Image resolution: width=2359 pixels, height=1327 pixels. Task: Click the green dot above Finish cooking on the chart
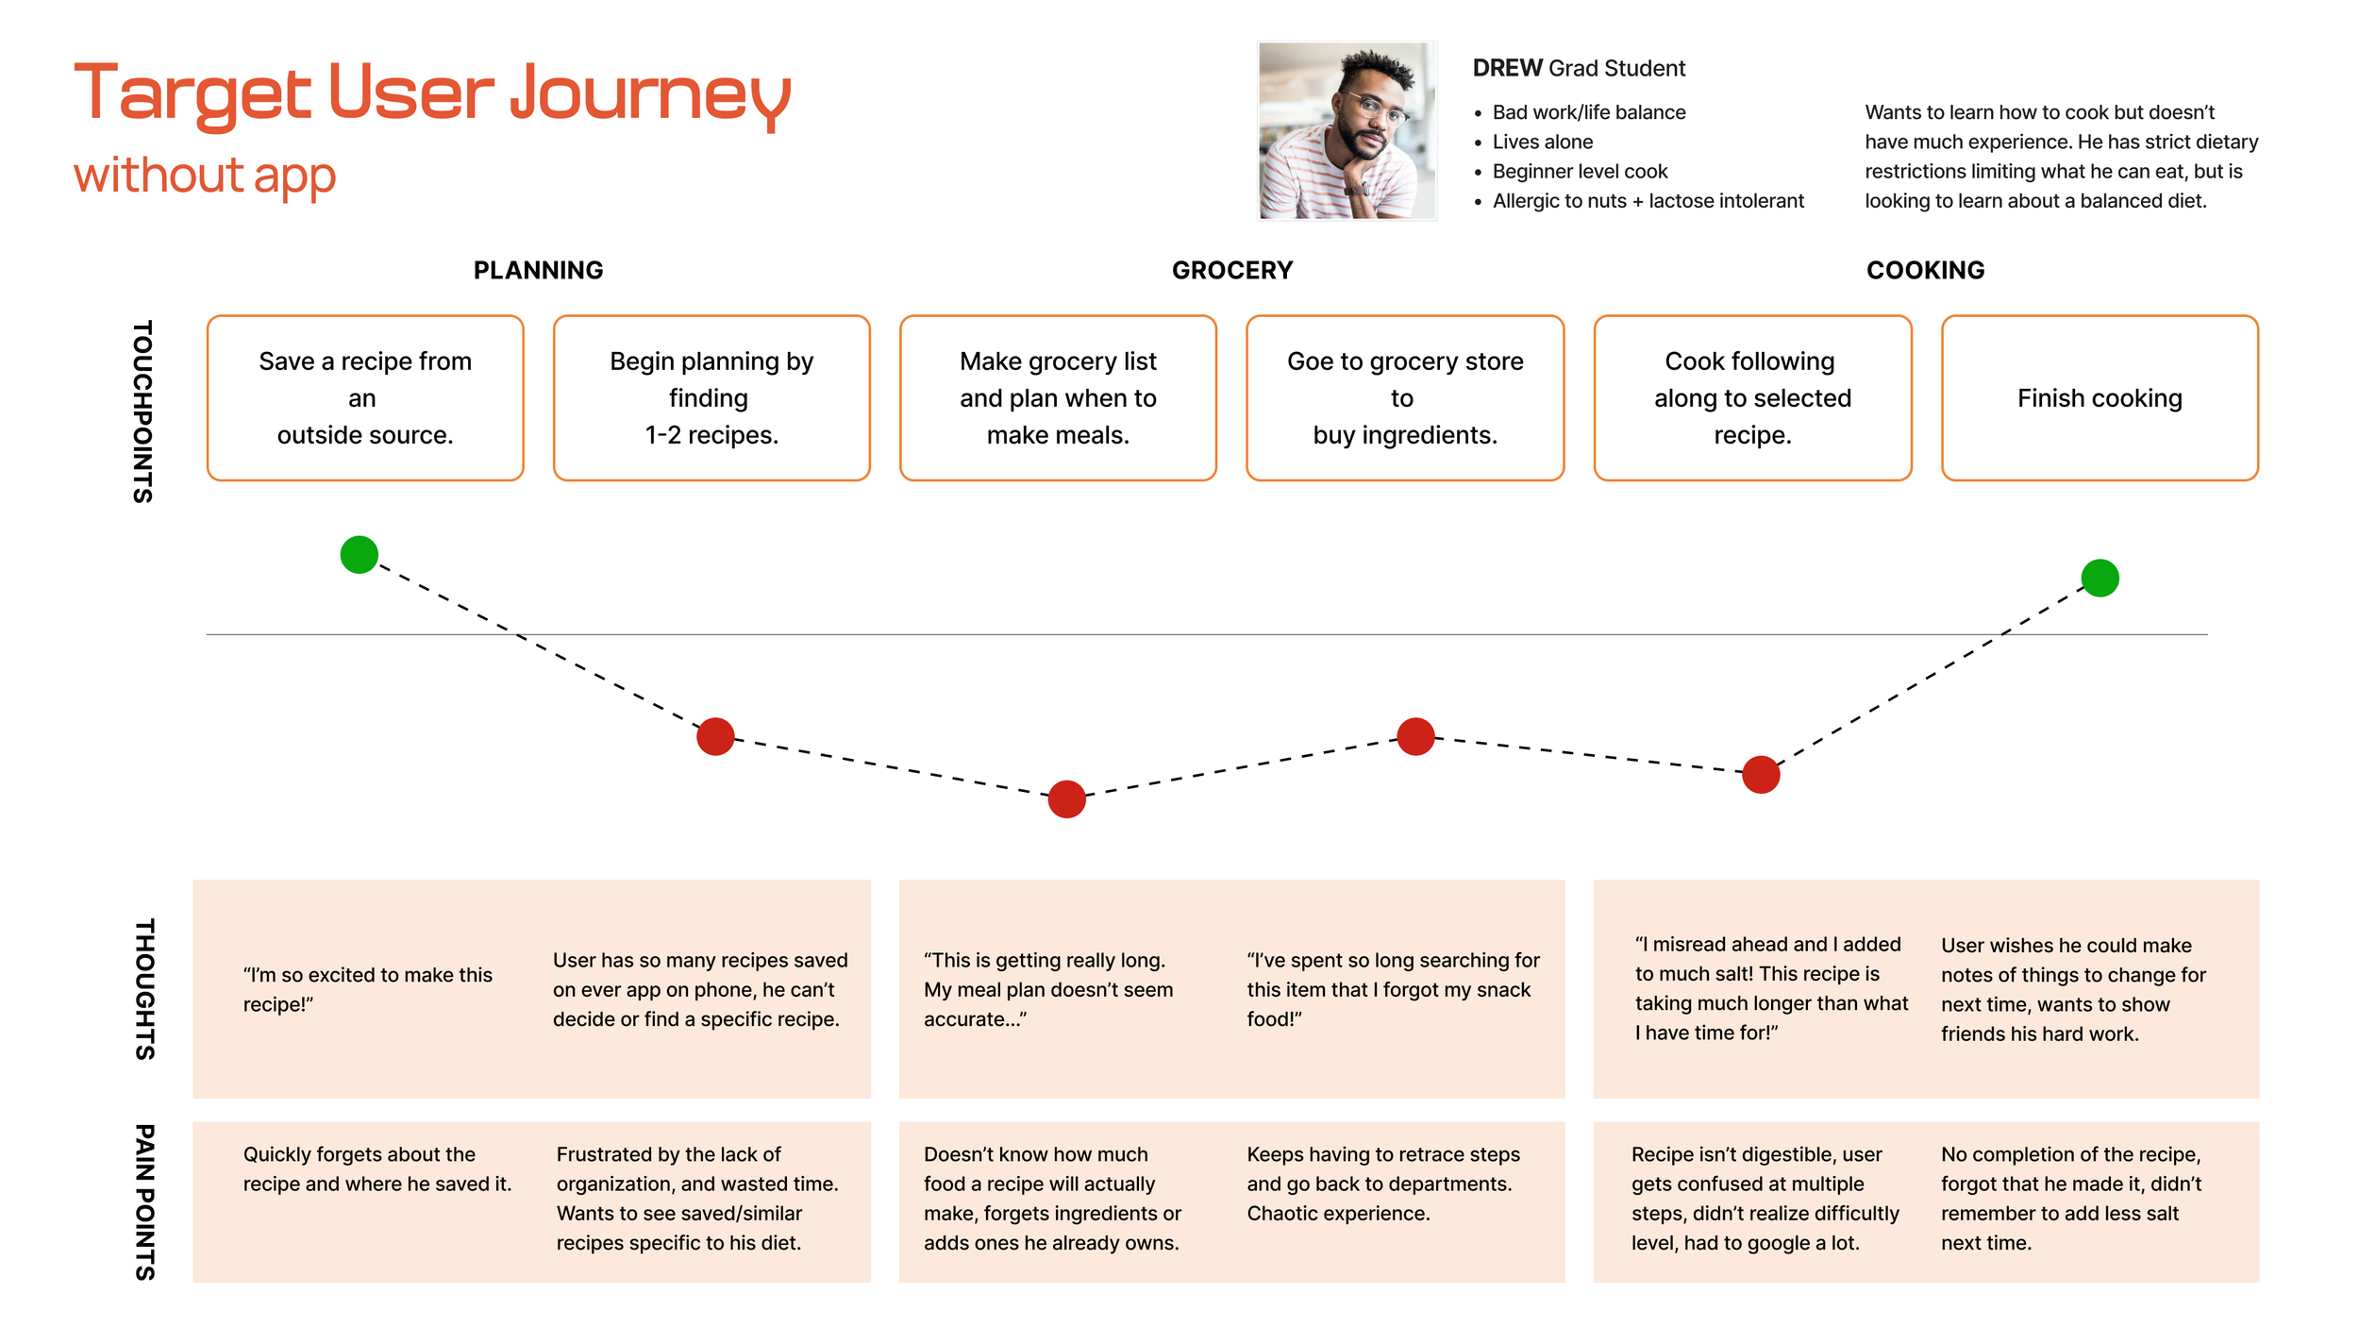2100,578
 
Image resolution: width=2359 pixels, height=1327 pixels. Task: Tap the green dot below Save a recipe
360,554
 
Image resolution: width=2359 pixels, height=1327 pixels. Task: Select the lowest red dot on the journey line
1066,799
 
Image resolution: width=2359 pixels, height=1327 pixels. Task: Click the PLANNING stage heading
538,271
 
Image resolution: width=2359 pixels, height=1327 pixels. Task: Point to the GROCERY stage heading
1232,271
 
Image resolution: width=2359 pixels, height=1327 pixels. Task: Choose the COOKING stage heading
1925,271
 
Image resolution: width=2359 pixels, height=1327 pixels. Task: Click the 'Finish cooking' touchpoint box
2100,398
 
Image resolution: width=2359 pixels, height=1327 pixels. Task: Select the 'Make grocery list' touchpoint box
1058,398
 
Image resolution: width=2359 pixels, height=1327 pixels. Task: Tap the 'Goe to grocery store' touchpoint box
1405,398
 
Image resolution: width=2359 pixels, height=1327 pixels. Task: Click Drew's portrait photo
1347,130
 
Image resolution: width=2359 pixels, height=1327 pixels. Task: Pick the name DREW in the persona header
1507,68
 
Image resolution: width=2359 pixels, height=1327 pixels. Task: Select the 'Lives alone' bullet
1542,142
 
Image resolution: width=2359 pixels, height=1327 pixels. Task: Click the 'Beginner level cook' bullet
1580,172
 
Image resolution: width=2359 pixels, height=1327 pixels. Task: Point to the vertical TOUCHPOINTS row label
143,411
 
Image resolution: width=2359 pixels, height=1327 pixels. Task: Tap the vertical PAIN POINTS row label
144,1201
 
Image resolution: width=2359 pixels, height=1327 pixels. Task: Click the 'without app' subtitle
205,176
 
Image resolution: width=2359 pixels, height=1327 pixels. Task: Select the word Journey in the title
650,94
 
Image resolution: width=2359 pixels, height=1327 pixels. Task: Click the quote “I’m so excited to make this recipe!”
367,989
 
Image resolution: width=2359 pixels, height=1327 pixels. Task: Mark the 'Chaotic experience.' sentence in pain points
1338,1214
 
